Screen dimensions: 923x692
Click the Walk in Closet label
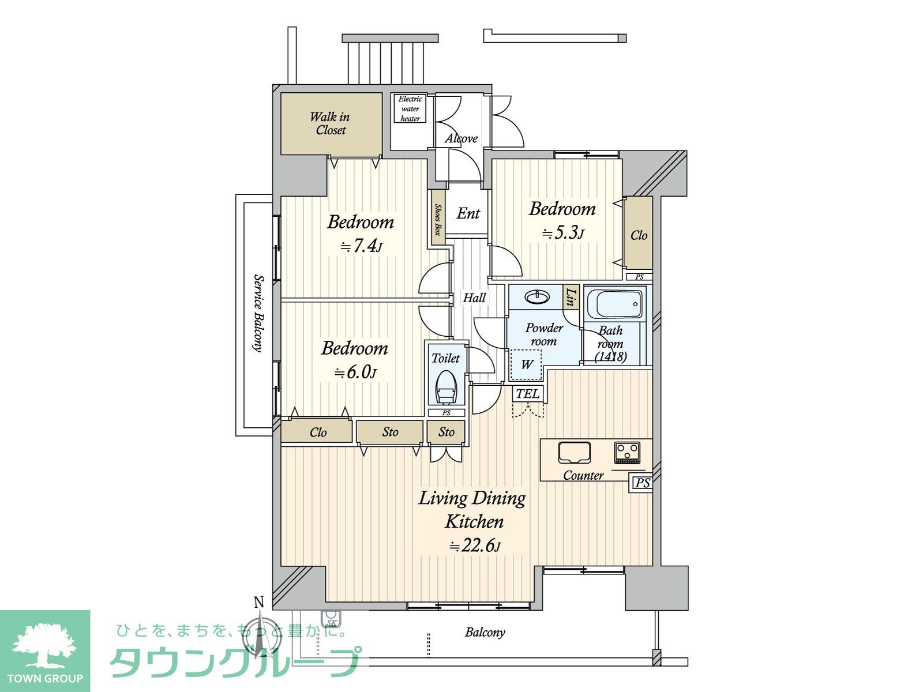pyautogui.click(x=330, y=123)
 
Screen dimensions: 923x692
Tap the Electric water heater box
pyautogui.click(x=410, y=108)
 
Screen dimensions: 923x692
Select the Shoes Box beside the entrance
pyautogui.click(x=438, y=218)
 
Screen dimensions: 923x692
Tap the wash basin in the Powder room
pyautogui.click(x=536, y=297)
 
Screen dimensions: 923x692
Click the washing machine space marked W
pyautogui.click(x=526, y=364)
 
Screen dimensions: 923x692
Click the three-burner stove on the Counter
pyautogui.click(x=628, y=453)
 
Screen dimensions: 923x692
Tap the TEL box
pyautogui.click(x=527, y=394)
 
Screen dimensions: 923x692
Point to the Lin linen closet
pyautogui.click(x=571, y=297)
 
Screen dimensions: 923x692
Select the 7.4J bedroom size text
pyautogui.click(x=361, y=247)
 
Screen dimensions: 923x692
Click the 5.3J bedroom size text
pyautogui.click(x=562, y=233)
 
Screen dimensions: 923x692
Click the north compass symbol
pyautogui.click(x=261, y=634)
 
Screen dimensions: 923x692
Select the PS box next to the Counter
pyautogui.click(x=641, y=483)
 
